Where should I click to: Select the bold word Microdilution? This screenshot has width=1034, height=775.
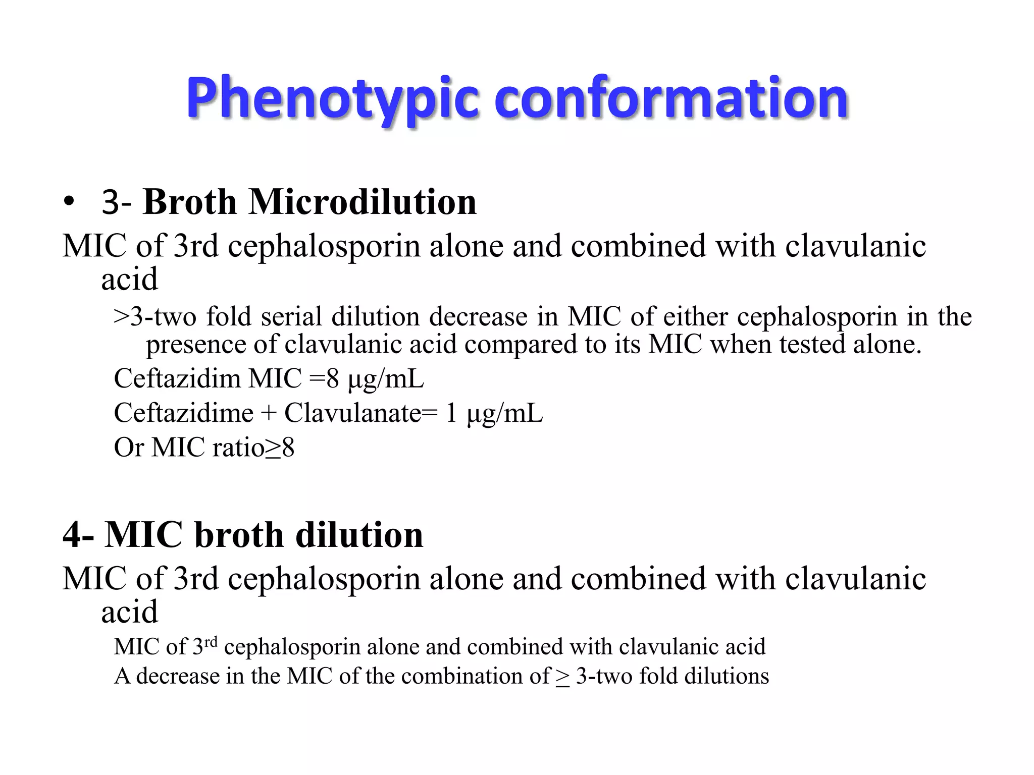[x=362, y=202]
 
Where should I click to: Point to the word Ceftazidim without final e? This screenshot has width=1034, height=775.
[x=177, y=378]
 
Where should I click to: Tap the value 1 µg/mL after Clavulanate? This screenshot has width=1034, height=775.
[x=494, y=413]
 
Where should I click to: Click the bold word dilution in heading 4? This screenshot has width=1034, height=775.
[x=359, y=535]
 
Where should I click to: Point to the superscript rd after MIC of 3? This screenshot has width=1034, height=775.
[x=211, y=641]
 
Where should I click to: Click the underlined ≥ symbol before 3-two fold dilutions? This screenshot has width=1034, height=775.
[x=562, y=677]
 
